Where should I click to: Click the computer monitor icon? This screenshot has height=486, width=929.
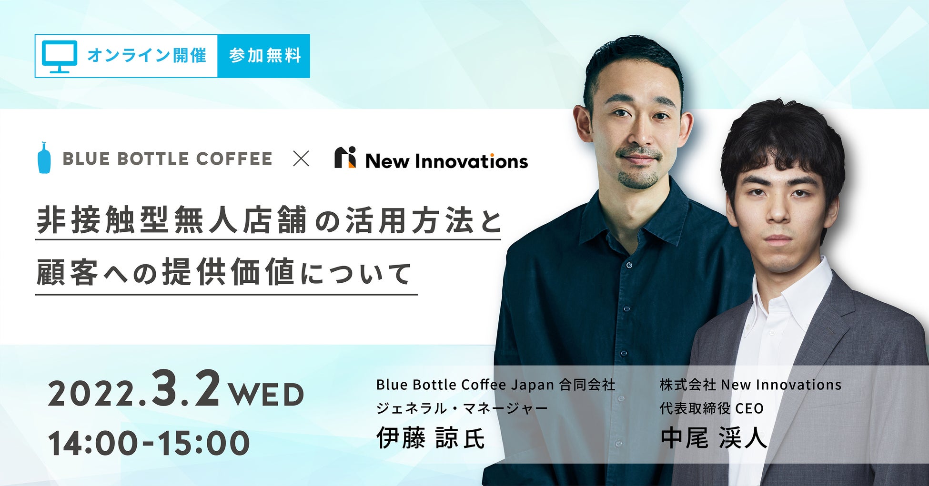tap(60, 56)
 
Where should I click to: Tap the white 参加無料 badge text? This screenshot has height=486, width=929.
tap(265, 56)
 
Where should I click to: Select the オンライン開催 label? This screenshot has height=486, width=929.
tap(147, 56)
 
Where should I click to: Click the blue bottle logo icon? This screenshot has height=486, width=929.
tap(44, 157)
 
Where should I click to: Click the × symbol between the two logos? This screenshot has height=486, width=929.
tap(301, 159)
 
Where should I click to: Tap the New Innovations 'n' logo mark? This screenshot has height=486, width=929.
tap(345, 158)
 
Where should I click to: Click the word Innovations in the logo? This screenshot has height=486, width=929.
tap(472, 161)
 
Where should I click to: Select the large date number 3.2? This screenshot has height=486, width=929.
tap(186, 388)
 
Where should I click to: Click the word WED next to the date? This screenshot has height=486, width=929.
tap(266, 395)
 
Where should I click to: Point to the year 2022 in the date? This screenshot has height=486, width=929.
tap(94, 395)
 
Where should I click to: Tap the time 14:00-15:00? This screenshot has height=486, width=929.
tap(149, 443)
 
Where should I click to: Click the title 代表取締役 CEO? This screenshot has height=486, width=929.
tap(712, 408)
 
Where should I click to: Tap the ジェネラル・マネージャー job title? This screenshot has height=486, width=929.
tap(462, 408)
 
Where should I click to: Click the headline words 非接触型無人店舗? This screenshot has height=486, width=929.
tap(172, 220)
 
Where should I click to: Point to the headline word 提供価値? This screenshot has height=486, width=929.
tap(228, 272)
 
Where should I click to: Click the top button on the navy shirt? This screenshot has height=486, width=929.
tap(630, 265)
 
